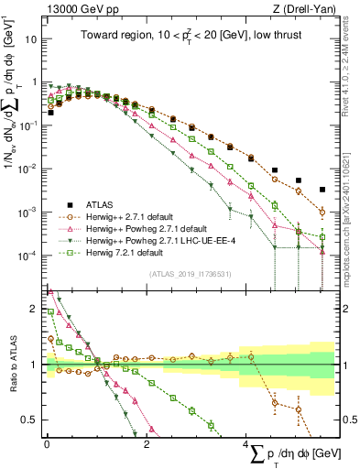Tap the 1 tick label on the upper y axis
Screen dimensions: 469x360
pos(36,83)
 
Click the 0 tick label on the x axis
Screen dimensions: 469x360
pos(47,443)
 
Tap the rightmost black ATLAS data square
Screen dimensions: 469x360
pos(322,190)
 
